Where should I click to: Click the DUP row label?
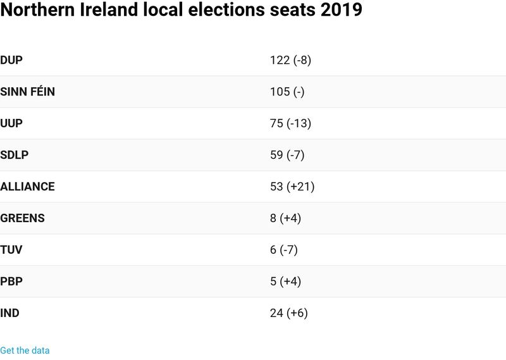pos(12,60)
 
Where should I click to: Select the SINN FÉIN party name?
pos(28,92)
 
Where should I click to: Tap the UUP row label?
pos(11,123)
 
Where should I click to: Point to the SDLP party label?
pos(15,155)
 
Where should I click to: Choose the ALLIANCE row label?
pos(28,187)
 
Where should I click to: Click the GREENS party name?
pos(23,218)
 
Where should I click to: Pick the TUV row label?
pos(11,250)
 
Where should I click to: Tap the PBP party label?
pos(11,282)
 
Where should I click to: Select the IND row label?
pos(10,313)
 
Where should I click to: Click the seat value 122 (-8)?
pos(291,60)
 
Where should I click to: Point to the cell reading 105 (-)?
pos(287,92)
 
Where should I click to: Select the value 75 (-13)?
pos(290,123)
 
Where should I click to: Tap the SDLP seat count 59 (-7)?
pos(287,155)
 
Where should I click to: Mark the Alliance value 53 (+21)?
pos(292,187)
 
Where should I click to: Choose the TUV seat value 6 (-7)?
pos(283,250)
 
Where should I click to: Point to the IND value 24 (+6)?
pos(288,313)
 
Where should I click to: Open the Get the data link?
pos(25,351)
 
